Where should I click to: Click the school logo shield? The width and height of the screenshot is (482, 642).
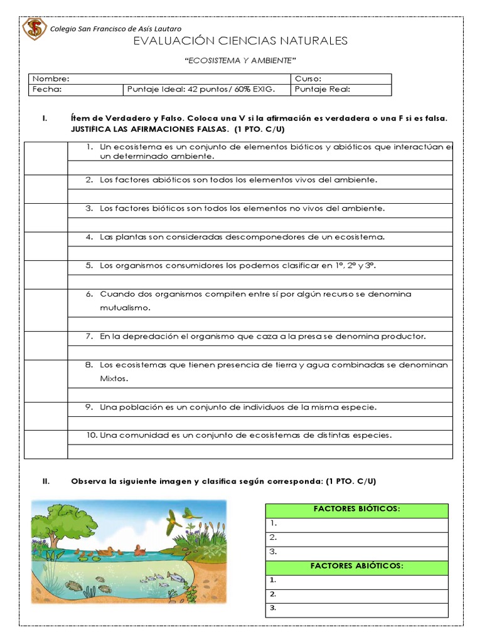(35, 29)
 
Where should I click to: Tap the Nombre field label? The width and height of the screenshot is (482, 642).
(51, 79)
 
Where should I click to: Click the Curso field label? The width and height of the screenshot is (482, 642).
(308, 79)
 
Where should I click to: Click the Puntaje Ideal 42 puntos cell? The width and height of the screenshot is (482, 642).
(201, 90)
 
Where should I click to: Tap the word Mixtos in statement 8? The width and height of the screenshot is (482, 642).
(114, 379)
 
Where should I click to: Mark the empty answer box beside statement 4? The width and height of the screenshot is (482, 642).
(46, 246)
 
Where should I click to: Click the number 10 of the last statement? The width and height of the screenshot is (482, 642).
(92, 435)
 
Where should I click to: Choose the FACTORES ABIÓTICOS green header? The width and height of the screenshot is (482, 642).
(356, 567)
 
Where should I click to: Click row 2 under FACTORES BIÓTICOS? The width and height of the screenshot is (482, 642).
(356, 538)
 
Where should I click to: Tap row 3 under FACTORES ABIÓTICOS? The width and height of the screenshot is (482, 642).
(356, 609)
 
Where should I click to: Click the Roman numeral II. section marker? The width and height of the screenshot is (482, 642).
(46, 481)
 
